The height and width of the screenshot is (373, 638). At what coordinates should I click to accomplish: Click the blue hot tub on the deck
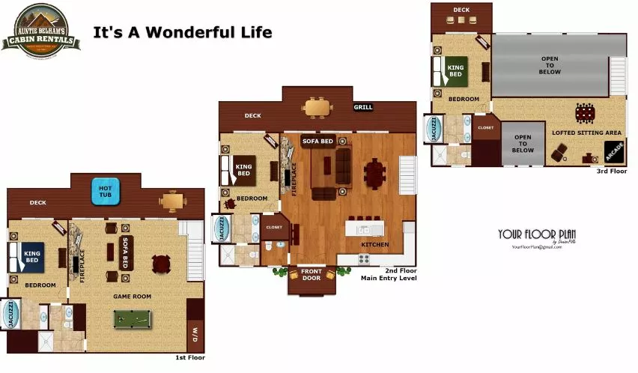106,191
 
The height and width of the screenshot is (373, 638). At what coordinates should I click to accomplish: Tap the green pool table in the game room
132,319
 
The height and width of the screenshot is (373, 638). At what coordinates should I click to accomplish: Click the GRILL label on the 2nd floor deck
363,107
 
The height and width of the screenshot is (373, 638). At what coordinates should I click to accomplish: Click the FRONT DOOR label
311,275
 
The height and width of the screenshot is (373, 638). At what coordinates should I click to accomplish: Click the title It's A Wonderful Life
182,32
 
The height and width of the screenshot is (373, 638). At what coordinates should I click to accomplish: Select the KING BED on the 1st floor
29,256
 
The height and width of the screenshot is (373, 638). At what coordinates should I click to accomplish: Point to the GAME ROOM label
132,297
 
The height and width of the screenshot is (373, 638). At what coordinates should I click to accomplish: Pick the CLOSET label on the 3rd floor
485,128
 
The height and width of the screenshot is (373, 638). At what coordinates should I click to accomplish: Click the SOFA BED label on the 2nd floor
318,141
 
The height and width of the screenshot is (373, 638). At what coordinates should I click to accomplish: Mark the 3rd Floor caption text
612,172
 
